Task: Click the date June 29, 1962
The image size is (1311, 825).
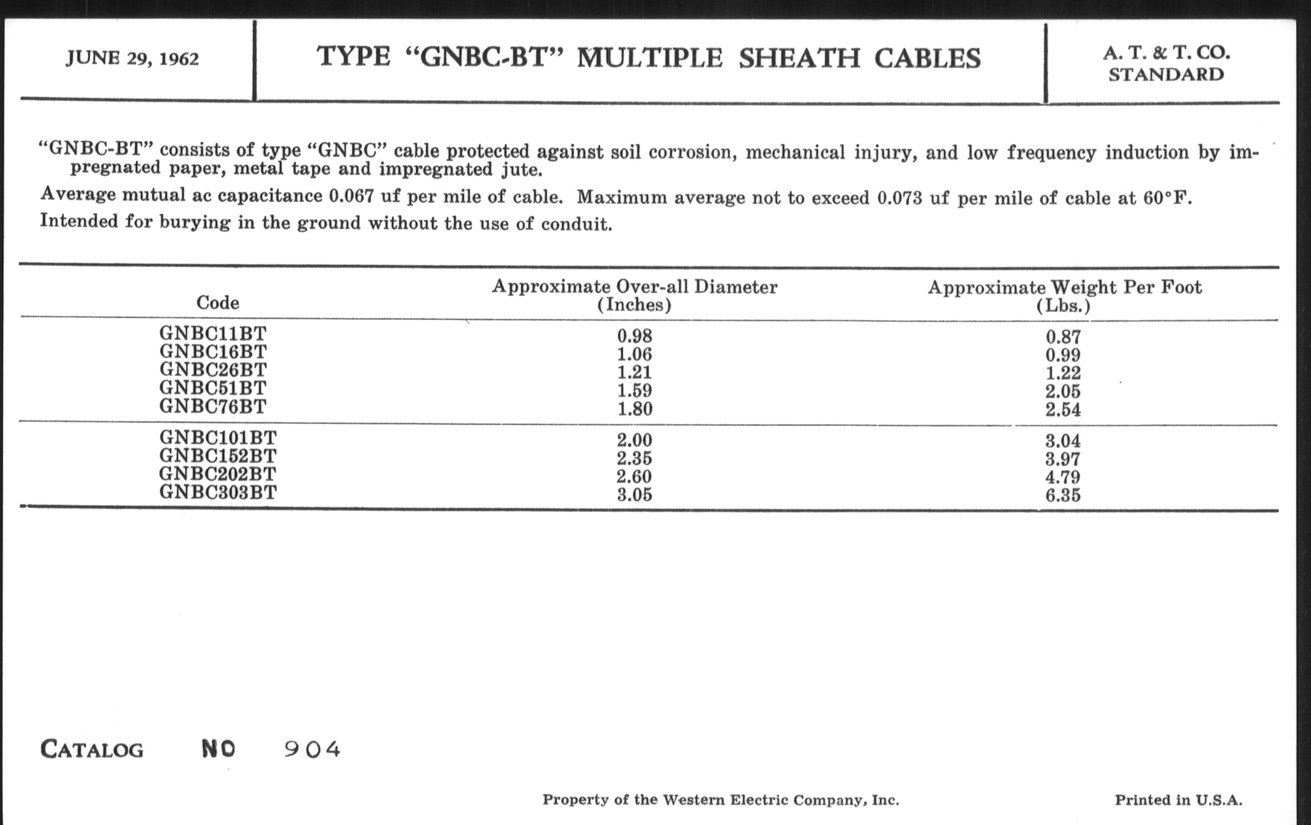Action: [132, 58]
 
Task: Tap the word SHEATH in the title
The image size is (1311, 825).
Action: [799, 58]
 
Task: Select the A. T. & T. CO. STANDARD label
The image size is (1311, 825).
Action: [1166, 63]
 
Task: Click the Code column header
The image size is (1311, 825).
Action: [218, 302]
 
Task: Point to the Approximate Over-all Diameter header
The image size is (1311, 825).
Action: [634, 294]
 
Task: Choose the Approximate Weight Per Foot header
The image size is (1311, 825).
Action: [1064, 295]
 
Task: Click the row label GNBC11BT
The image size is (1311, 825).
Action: [213, 333]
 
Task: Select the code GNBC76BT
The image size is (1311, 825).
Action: [213, 406]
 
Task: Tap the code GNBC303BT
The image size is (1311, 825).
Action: [218, 492]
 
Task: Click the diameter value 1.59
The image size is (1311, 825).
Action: [634, 390]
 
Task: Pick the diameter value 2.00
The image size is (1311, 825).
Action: [634, 439]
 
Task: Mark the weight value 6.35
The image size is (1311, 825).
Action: [1062, 496]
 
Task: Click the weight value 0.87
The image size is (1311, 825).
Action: [1062, 337]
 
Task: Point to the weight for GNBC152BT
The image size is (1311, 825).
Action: [1062, 459]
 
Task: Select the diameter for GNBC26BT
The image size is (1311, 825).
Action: [634, 373]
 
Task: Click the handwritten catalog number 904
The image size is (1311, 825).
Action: [312, 750]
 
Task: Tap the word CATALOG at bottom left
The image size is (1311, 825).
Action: [92, 750]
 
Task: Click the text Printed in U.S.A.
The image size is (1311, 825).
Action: [1179, 800]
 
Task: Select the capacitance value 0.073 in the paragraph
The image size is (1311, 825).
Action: [899, 198]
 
